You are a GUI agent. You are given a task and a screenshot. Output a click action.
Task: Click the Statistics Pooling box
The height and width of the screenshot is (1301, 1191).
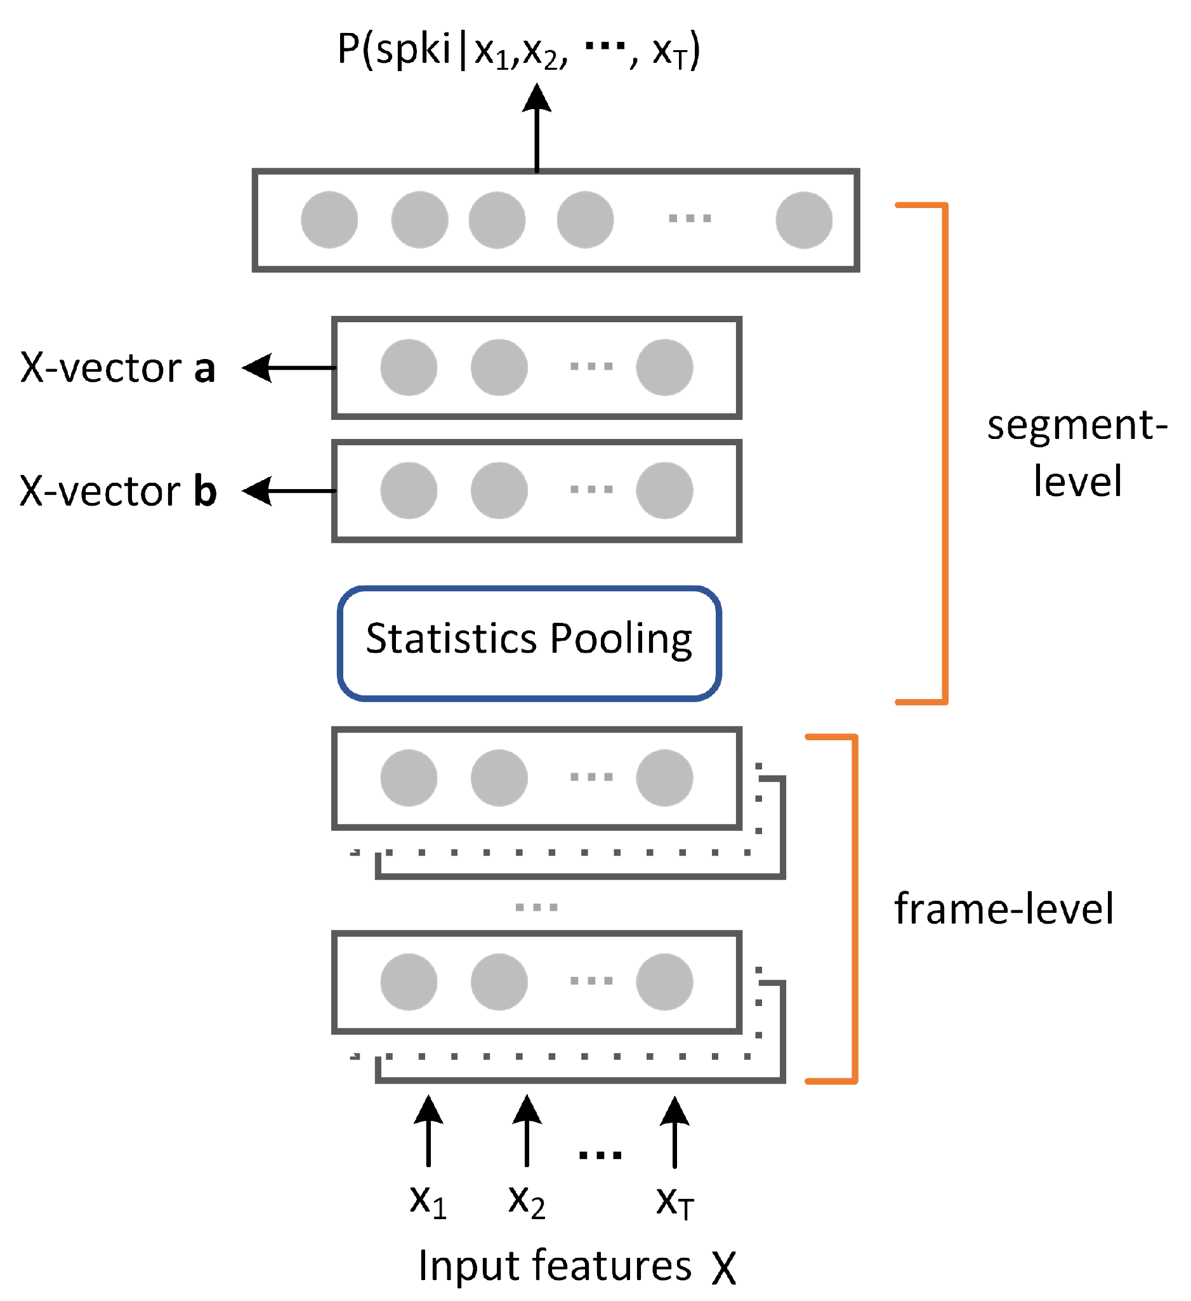(529, 643)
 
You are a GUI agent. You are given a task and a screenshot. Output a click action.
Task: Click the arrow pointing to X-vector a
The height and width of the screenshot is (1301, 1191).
(289, 368)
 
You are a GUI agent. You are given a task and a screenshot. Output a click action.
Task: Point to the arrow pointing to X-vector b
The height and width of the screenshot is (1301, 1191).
(289, 491)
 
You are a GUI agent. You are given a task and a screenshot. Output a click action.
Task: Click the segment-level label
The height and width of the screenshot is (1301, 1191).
(1077, 453)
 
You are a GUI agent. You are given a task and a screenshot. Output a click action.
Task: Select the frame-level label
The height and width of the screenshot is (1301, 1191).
(1004, 910)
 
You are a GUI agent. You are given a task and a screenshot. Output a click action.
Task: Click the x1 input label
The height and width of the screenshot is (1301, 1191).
(428, 1202)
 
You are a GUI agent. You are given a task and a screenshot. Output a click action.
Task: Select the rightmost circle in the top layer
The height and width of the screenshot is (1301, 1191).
(804, 220)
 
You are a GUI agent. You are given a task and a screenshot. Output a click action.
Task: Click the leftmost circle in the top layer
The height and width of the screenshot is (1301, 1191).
(329, 220)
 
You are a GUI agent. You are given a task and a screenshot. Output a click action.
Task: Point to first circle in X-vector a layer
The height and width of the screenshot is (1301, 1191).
(409, 368)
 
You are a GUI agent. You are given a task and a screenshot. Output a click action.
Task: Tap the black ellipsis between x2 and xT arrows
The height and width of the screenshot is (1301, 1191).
(600, 1156)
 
